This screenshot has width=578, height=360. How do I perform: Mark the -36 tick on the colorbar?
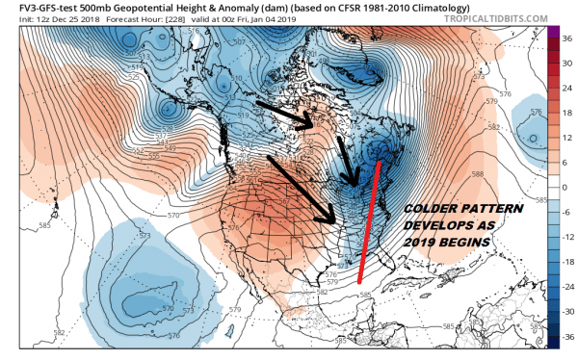tap(567, 337)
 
